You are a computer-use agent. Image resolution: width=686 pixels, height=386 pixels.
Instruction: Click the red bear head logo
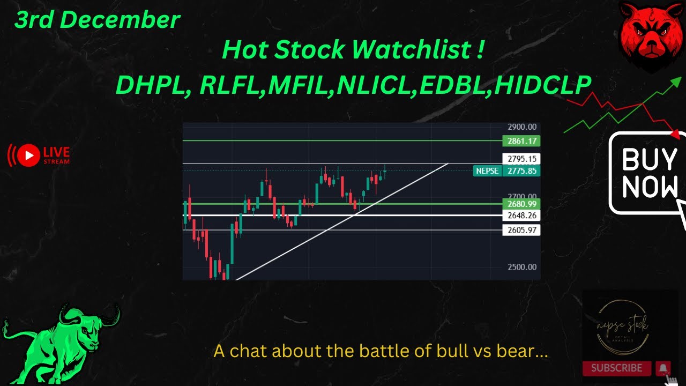(x=650, y=36)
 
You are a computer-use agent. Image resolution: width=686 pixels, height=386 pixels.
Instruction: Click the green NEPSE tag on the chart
(x=487, y=171)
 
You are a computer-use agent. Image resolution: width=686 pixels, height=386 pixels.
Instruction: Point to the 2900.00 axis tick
(x=522, y=127)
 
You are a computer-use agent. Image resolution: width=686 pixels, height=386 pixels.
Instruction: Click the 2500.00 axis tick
(x=522, y=267)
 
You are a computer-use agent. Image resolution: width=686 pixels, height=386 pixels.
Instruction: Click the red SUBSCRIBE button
(x=616, y=368)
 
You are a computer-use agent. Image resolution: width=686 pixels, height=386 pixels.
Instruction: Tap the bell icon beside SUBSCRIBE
(x=663, y=368)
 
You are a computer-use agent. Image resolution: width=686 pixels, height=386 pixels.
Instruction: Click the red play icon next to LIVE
(x=28, y=155)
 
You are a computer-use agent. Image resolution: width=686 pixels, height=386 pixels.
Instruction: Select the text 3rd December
(x=97, y=20)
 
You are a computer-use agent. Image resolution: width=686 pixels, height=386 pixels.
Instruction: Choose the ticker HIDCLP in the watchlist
(x=542, y=85)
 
